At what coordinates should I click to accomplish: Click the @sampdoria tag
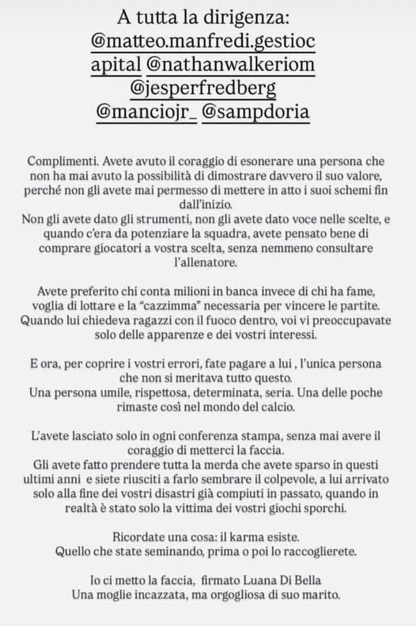[x=257, y=112]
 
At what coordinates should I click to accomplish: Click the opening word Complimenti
[x=71, y=159]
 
